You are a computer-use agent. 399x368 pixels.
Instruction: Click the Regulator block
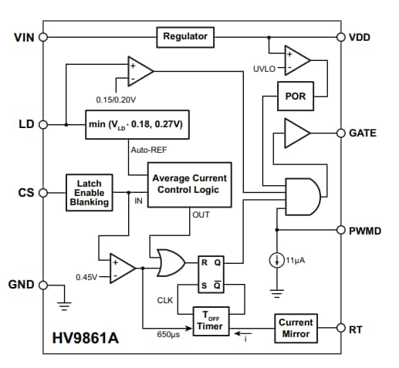[186, 36]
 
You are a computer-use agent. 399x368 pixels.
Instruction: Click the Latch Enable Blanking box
[90, 191]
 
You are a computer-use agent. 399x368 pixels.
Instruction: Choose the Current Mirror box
[296, 327]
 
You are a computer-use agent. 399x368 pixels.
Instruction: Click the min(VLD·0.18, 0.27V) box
[139, 123]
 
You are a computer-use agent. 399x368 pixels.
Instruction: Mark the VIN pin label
[24, 36]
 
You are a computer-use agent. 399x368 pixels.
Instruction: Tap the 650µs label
[167, 335]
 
